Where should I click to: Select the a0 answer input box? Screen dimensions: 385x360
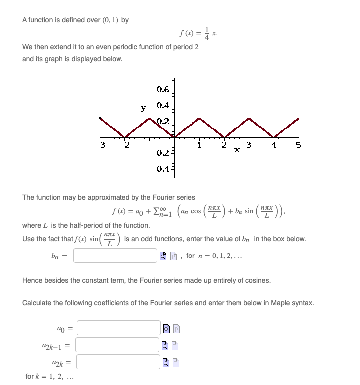pyautogui.click(x=118, y=328)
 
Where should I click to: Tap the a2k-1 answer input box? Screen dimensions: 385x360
pyautogui.click(x=118, y=345)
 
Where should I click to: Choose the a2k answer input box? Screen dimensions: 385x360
pyautogui.click(x=118, y=362)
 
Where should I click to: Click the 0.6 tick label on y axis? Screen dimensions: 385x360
pyautogui.click(x=162, y=90)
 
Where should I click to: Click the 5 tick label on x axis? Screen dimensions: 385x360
pyautogui.click(x=298, y=146)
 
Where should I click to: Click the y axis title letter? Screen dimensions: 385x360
pyautogui.click(x=143, y=108)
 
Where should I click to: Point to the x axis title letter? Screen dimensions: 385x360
pyautogui.click(x=237, y=149)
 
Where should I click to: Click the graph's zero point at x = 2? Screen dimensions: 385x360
pyautogui.click(x=224, y=137)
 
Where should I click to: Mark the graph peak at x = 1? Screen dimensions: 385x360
pyautogui.click(x=199, y=119)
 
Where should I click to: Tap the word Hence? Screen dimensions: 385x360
pyautogui.click(x=33, y=280)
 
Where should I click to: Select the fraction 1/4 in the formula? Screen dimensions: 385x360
pyautogui.click(x=207, y=34)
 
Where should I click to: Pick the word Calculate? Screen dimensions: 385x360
pyautogui.click(x=39, y=303)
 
